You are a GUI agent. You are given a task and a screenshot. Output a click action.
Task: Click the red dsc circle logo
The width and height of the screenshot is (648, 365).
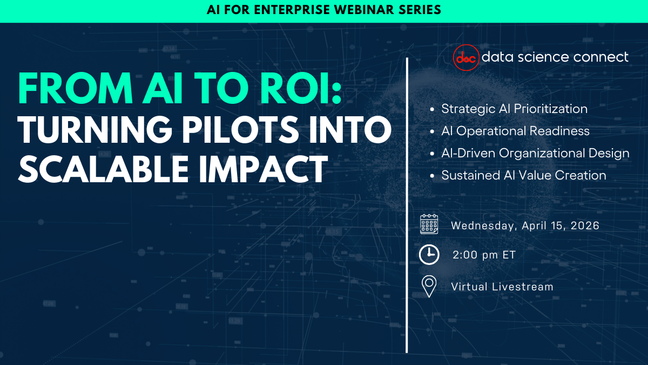(x=465, y=57)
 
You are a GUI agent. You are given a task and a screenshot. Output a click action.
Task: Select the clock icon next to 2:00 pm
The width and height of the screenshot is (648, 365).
(x=429, y=255)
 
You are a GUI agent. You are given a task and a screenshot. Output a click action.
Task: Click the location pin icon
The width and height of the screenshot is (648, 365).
(x=429, y=286)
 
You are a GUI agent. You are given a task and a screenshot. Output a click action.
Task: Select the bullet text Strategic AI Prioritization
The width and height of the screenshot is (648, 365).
(x=514, y=109)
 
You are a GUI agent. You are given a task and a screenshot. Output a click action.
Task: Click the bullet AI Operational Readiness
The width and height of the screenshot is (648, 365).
(x=515, y=131)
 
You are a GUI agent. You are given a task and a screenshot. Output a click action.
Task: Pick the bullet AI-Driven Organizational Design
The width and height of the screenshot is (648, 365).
(x=535, y=153)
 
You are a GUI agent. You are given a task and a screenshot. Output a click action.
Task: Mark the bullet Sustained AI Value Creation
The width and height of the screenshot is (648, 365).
(x=523, y=175)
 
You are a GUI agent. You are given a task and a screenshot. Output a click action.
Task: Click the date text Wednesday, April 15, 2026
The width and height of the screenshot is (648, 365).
(x=525, y=225)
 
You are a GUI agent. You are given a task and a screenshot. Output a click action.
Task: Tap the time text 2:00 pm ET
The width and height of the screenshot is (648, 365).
(x=484, y=255)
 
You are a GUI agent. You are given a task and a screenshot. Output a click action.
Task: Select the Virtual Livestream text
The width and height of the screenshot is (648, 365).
(x=502, y=287)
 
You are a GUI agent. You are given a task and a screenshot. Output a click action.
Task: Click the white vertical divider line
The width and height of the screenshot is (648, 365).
(x=407, y=205)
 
